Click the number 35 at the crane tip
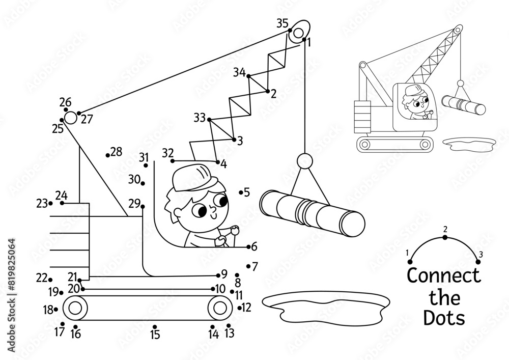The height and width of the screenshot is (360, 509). (x=282, y=22)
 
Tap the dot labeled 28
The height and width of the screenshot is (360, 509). (x=107, y=155)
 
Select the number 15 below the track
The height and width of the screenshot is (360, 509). (x=155, y=335)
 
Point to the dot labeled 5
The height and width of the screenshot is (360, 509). (x=241, y=192)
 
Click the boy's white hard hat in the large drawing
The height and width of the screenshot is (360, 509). (x=192, y=176)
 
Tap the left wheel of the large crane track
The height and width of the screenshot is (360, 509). (x=75, y=308)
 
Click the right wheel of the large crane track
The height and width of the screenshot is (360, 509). (x=219, y=308)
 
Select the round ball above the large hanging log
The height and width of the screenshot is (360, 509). (x=304, y=161)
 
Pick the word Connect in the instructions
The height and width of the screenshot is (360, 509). (x=443, y=275)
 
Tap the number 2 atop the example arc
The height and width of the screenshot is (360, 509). (x=445, y=229)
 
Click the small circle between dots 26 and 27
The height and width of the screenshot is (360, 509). (x=71, y=118)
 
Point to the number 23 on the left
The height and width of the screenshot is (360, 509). (x=41, y=204)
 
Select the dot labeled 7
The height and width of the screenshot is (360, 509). (x=248, y=265)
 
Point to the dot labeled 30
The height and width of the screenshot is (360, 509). (x=143, y=183)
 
